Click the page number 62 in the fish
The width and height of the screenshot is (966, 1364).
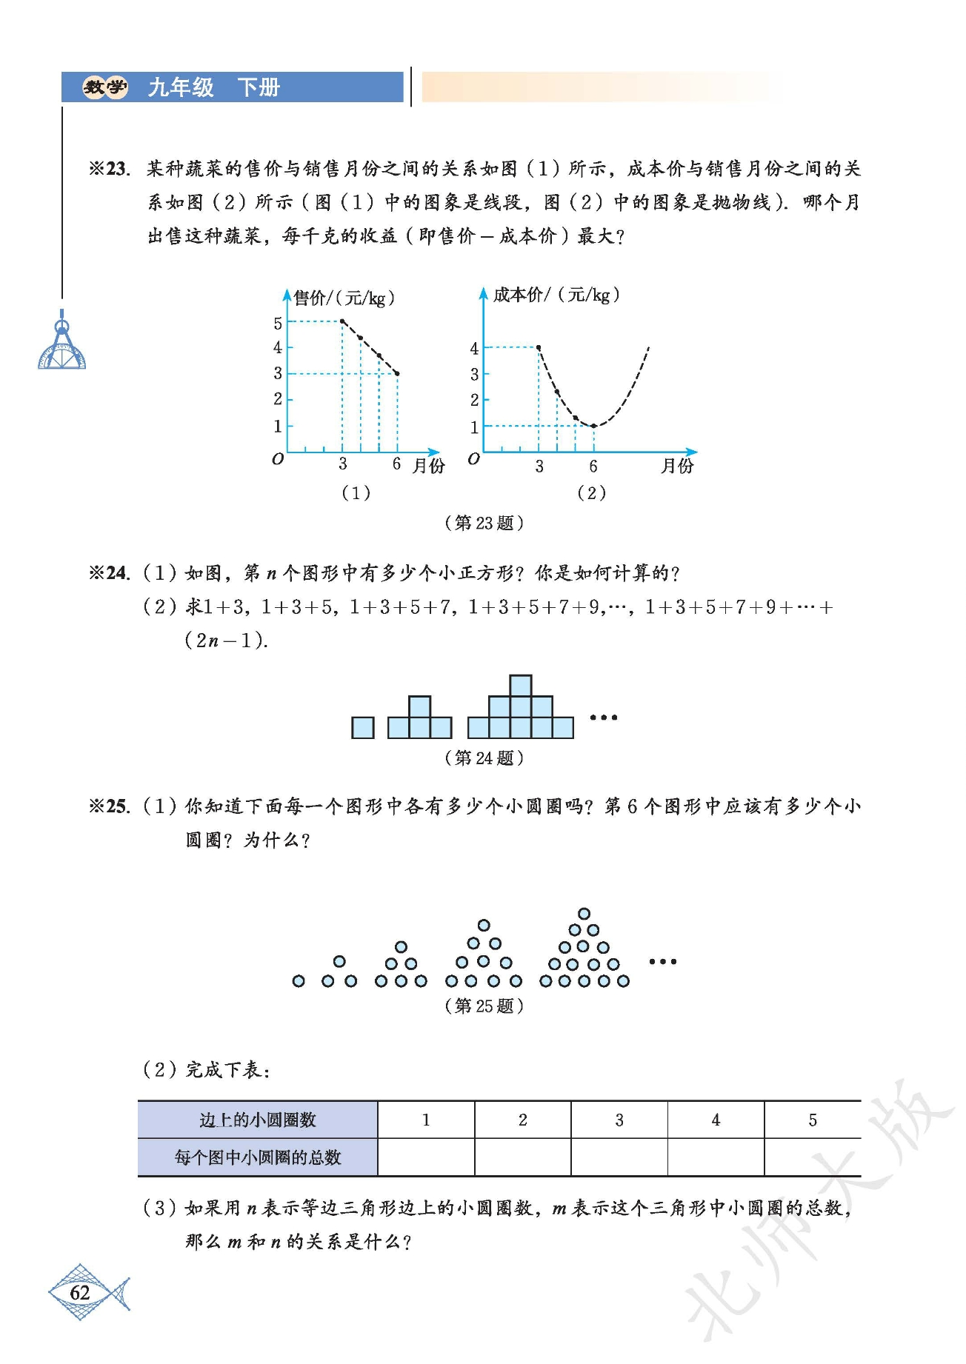[80, 1293]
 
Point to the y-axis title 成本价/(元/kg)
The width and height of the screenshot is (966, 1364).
[556, 295]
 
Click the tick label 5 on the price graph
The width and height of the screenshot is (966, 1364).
[278, 323]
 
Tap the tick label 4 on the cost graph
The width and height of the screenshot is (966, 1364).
[474, 348]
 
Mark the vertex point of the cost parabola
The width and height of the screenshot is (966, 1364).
[593, 426]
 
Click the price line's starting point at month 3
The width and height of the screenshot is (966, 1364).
[342, 321]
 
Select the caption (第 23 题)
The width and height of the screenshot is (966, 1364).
[484, 523]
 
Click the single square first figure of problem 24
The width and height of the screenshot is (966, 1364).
[363, 728]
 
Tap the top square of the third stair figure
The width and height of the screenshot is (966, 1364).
[521, 686]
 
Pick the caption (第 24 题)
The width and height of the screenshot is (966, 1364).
[484, 758]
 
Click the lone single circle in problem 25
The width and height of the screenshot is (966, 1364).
[299, 981]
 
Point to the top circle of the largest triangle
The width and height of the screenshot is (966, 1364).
[584, 914]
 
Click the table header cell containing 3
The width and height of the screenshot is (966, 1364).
[619, 1120]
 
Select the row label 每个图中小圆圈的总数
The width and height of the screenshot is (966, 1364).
[258, 1157]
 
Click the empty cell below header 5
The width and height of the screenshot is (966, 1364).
[812, 1157]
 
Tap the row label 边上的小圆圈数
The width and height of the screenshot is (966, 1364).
[258, 1120]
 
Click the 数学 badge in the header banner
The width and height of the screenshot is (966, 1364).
[104, 87]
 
